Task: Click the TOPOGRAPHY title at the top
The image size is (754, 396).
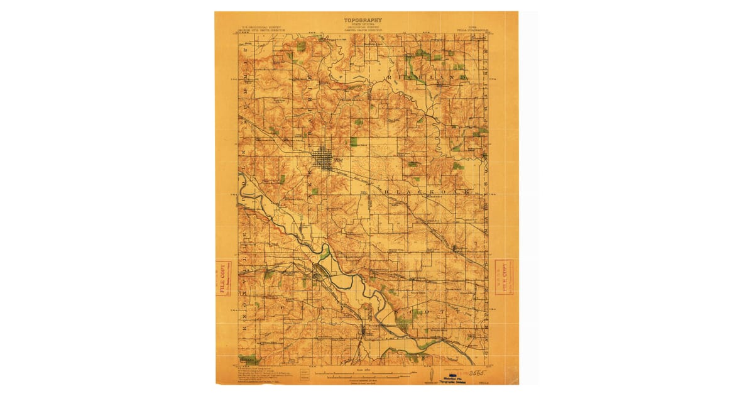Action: [363, 20]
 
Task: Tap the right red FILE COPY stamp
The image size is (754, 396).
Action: [504, 277]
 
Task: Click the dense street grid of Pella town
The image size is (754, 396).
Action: [324, 158]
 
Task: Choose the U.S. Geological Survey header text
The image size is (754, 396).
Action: [263, 28]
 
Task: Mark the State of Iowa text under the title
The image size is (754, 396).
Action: [363, 25]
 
